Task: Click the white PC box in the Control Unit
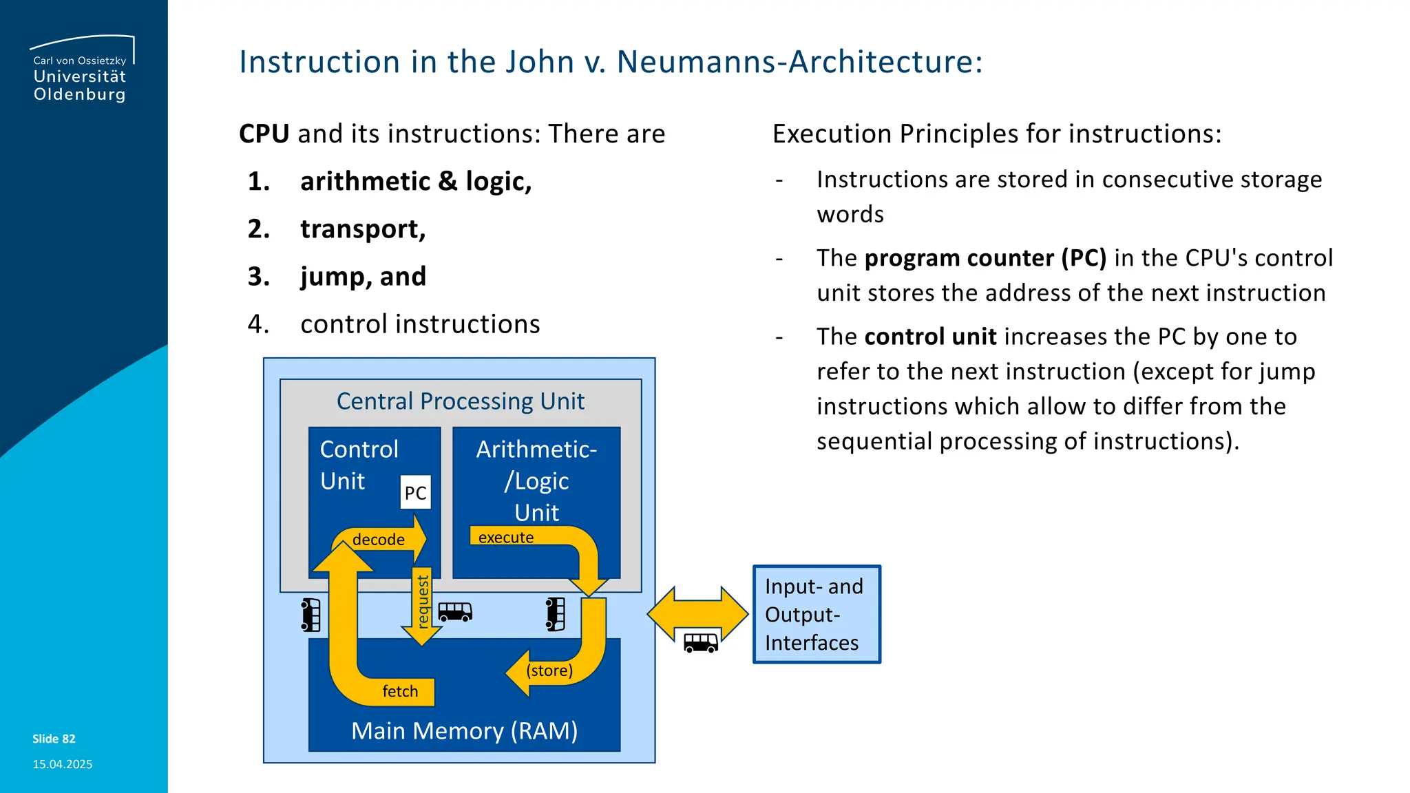(x=415, y=492)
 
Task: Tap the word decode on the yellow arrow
(x=378, y=540)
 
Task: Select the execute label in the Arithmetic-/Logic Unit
(x=506, y=538)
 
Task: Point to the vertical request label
(x=423, y=602)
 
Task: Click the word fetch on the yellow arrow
(x=400, y=691)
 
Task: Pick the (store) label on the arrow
(x=549, y=670)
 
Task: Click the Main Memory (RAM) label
(x=464, y=730)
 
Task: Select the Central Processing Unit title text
(x=460, y=401)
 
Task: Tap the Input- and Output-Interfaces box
(x=817, y=614)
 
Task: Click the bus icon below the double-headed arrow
(x=700, y=643)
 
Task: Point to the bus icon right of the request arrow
(x=455, y=612)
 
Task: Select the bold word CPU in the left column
(x=264, y=134)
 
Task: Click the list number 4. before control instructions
(x=258, y=324)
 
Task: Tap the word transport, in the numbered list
(x=363, y=229)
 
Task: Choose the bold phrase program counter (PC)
(x=985, y=258)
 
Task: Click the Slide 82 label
(x=54, y=739)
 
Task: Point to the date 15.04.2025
(x=62, y=764)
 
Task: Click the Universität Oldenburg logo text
(x=80, y=85)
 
